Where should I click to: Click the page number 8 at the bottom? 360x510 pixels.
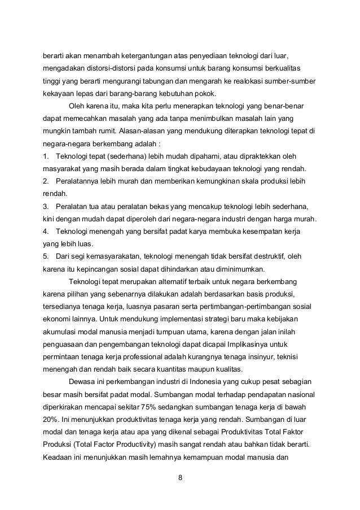point(180,479)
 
